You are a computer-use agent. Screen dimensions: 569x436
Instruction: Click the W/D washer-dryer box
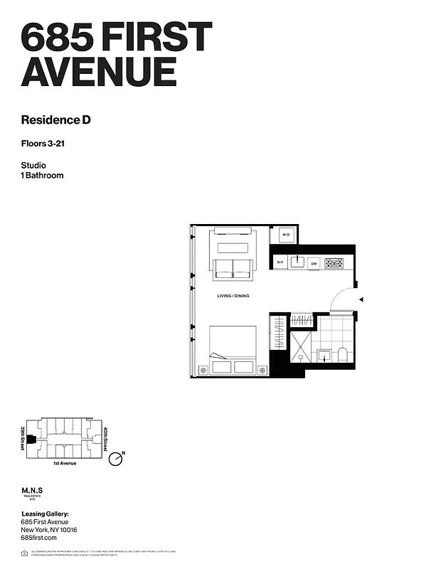click(286, 235)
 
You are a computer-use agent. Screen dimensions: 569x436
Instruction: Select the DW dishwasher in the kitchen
click(314, 263)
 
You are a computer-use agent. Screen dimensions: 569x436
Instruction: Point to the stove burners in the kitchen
click(334, 263)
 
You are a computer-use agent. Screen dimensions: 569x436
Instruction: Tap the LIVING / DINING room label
click(233, 296)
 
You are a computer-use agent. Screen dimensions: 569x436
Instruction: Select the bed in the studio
click(233, 349)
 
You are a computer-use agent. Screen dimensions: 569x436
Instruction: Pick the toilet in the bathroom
click(343, 354)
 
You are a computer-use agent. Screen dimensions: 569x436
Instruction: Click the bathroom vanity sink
click(324, 354)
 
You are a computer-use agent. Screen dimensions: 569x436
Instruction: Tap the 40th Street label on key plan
click(105, 438)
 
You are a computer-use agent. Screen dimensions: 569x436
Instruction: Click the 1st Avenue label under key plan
click(65, 464)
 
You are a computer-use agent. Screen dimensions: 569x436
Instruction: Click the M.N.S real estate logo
click(33, 492)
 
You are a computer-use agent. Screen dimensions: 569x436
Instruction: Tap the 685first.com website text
click(39, 538)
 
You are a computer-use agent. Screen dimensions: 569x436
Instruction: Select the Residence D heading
click(55, 119)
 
